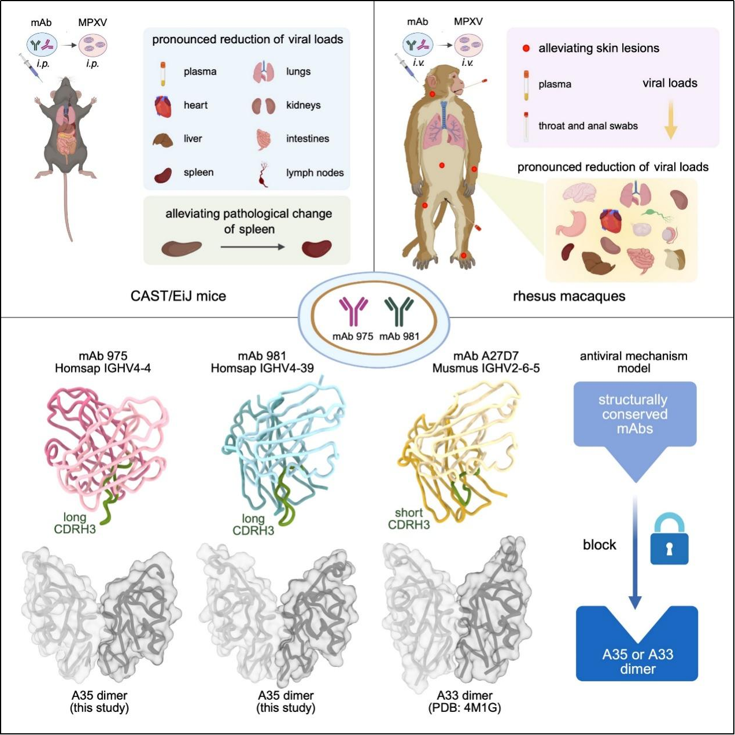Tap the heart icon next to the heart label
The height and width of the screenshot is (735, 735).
coord(163,106)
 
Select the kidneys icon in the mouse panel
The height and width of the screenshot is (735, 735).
coord(263,106)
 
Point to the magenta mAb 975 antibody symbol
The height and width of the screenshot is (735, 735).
coord(353,311)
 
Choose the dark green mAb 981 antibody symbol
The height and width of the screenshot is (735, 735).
coord(399,311)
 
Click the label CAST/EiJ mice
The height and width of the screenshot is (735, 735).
coord(178,296)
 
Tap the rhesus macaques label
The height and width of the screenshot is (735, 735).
coord(569,296)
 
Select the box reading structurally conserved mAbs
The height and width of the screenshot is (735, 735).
coord(634,414)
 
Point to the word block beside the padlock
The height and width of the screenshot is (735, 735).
coord(599,545)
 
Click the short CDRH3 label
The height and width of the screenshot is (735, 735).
coord(409,519)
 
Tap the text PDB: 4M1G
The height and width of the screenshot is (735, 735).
coord(464,708)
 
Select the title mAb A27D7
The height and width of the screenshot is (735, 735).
coord(486,356)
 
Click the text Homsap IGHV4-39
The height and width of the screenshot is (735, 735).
coord(262,368)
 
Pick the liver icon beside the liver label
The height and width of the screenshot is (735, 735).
coord(162,140)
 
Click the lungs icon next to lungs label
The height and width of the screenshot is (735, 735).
coord(264,72)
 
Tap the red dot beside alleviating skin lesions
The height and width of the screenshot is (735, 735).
coord(526,48)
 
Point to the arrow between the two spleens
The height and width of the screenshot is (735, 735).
coord(252,247)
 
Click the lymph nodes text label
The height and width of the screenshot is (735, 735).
coord(315,173)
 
